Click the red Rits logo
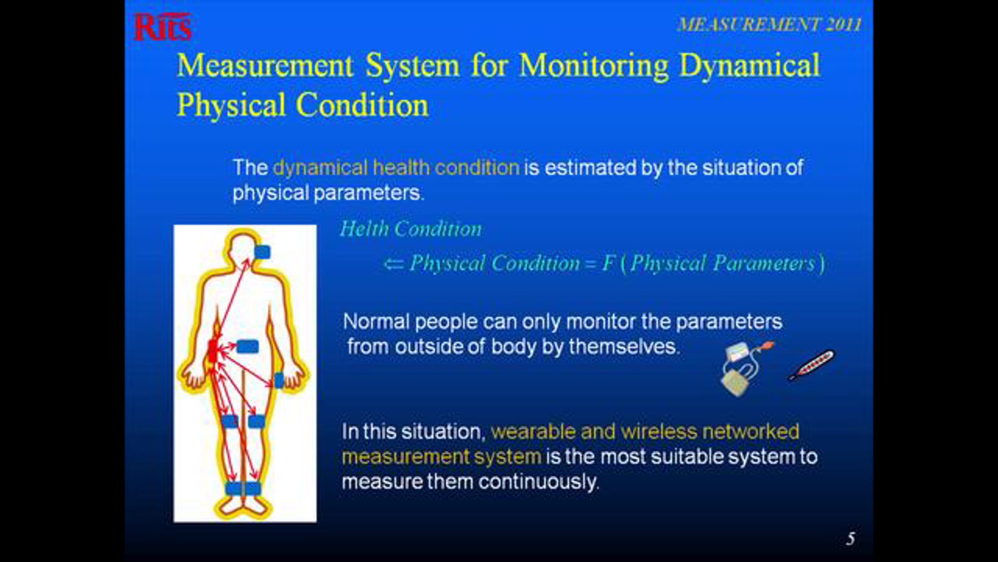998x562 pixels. pyautogui.click(x=163, y=27)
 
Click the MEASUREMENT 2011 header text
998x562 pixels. pyautogui.click(x=769, y=25)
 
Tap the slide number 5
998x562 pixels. pyautogui.click(x=850, y=539)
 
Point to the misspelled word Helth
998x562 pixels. pyautogui.click(x=365, y=229)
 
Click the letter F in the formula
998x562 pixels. pyautogui.click(x=609, y=263)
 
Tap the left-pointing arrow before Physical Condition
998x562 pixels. pyautogui.click(x=393, y=264)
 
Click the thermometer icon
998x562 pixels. pyautogui.click(x=812, y=365)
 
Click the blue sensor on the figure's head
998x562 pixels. pyautogui.click(x=262, y=252)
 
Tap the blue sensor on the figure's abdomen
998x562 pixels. pyautogui.click(x=247, y=346)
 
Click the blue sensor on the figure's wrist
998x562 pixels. pyautogui.click(x=279, y=380)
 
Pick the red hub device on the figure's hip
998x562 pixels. pyautogui.click(x=212, y=351)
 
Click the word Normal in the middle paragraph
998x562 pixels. pyautogui.click(x=376, y=322)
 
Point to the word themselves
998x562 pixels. pyautogui.click(x=624, y=347)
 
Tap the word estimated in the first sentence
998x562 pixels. pyautogui.click(x=590, y=168)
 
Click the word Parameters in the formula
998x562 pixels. pyautogui.click(x=763, y=264)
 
